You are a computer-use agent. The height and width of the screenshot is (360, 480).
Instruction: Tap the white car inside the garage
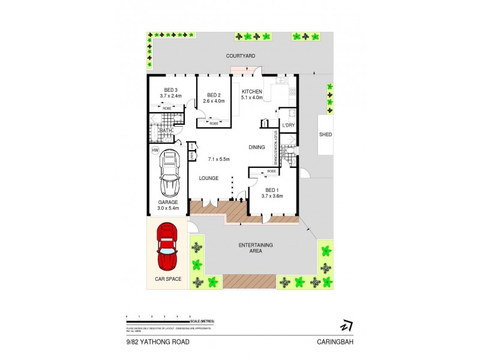pyautogui.click(x=169, y=173)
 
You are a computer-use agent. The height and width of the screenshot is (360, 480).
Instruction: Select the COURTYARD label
pyautogui.click(x=241, y=56)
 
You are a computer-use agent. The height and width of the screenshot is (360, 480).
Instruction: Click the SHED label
pyautogui.click(x=326, y=134)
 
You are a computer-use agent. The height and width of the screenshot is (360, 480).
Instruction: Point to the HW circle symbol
pyautogui.click(x=155, y=150)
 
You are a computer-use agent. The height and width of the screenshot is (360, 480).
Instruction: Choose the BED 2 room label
pyautogui.click(x=215, y=95)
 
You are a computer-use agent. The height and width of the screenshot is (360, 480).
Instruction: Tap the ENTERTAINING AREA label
pyautogui.click(x=256, y=248)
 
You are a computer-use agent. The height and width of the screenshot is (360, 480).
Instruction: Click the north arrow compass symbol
pyautogui.click(x=346, y=326)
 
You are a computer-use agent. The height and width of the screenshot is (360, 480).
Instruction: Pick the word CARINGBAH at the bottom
pyautogui.click(x=334, y=342)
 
